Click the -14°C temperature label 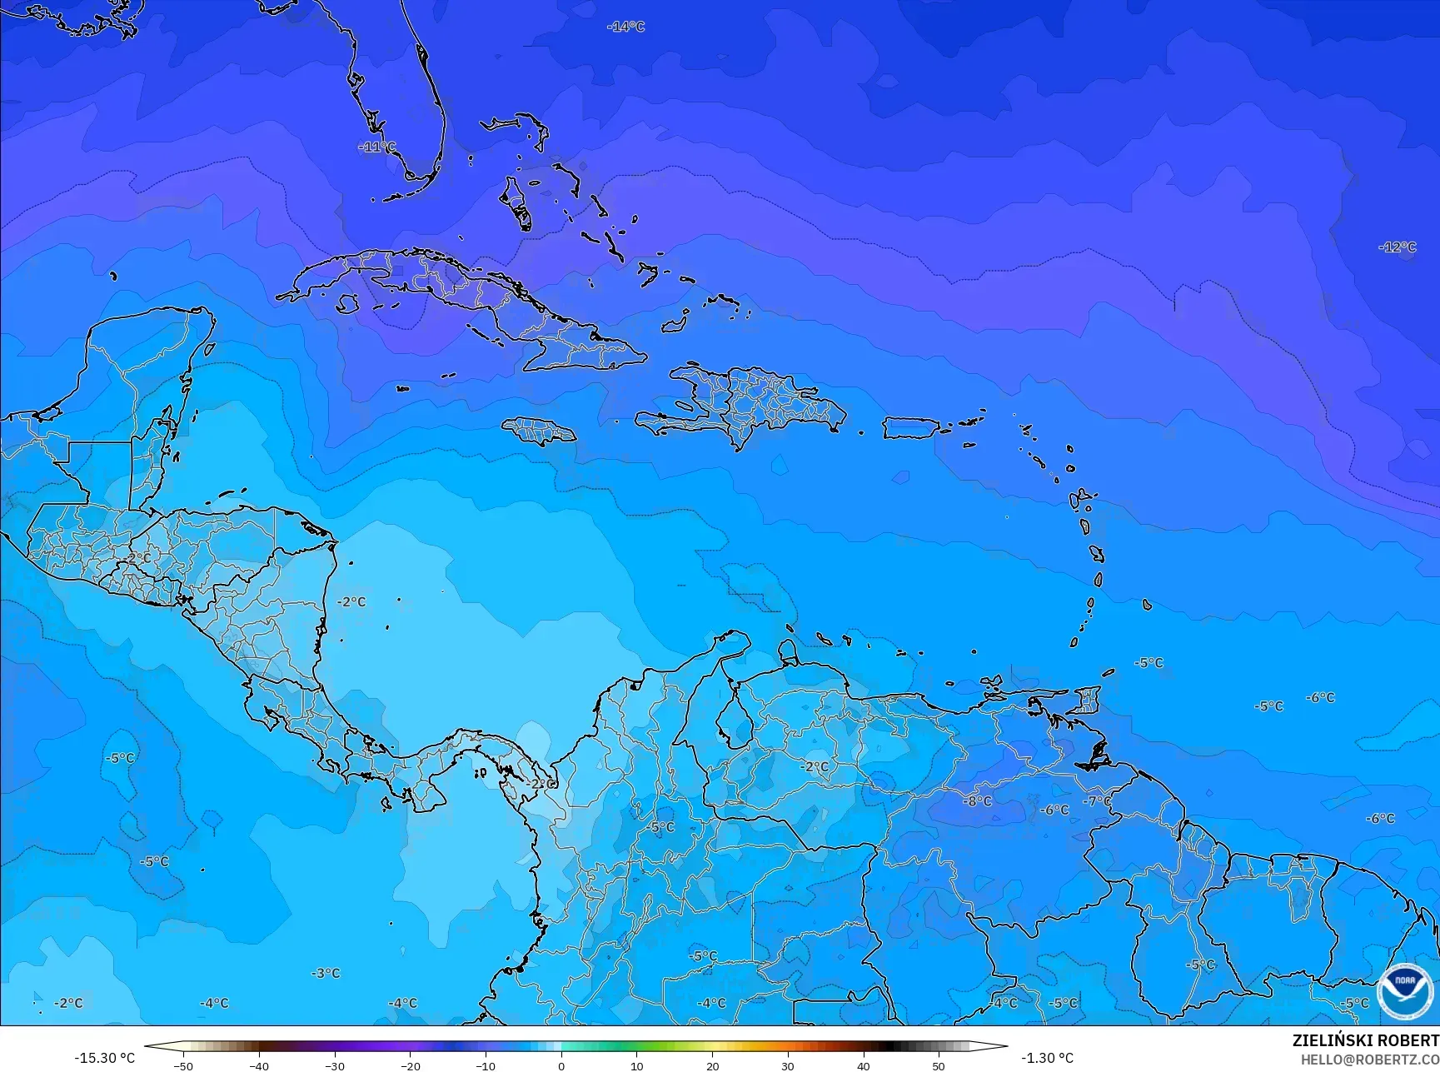(625, 27)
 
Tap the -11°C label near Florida (377, 147)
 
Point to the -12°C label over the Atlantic (1398, 247)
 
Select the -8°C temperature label (978, 800)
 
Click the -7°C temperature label (1097, 800)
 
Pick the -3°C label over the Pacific (326, 972)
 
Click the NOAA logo (1405, 990)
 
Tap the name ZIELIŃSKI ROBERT (1365, 1040)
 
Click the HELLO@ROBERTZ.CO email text (1370, 1059)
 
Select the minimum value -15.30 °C (104, 1058)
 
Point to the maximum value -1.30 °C (1047, 1058)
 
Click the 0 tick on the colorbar (561, 1065)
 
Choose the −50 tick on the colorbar (182, 1065)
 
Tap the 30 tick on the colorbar (788, 1065)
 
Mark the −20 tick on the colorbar (410, 1065)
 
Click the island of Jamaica (540, 430)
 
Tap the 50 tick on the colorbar (939, 1065)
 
